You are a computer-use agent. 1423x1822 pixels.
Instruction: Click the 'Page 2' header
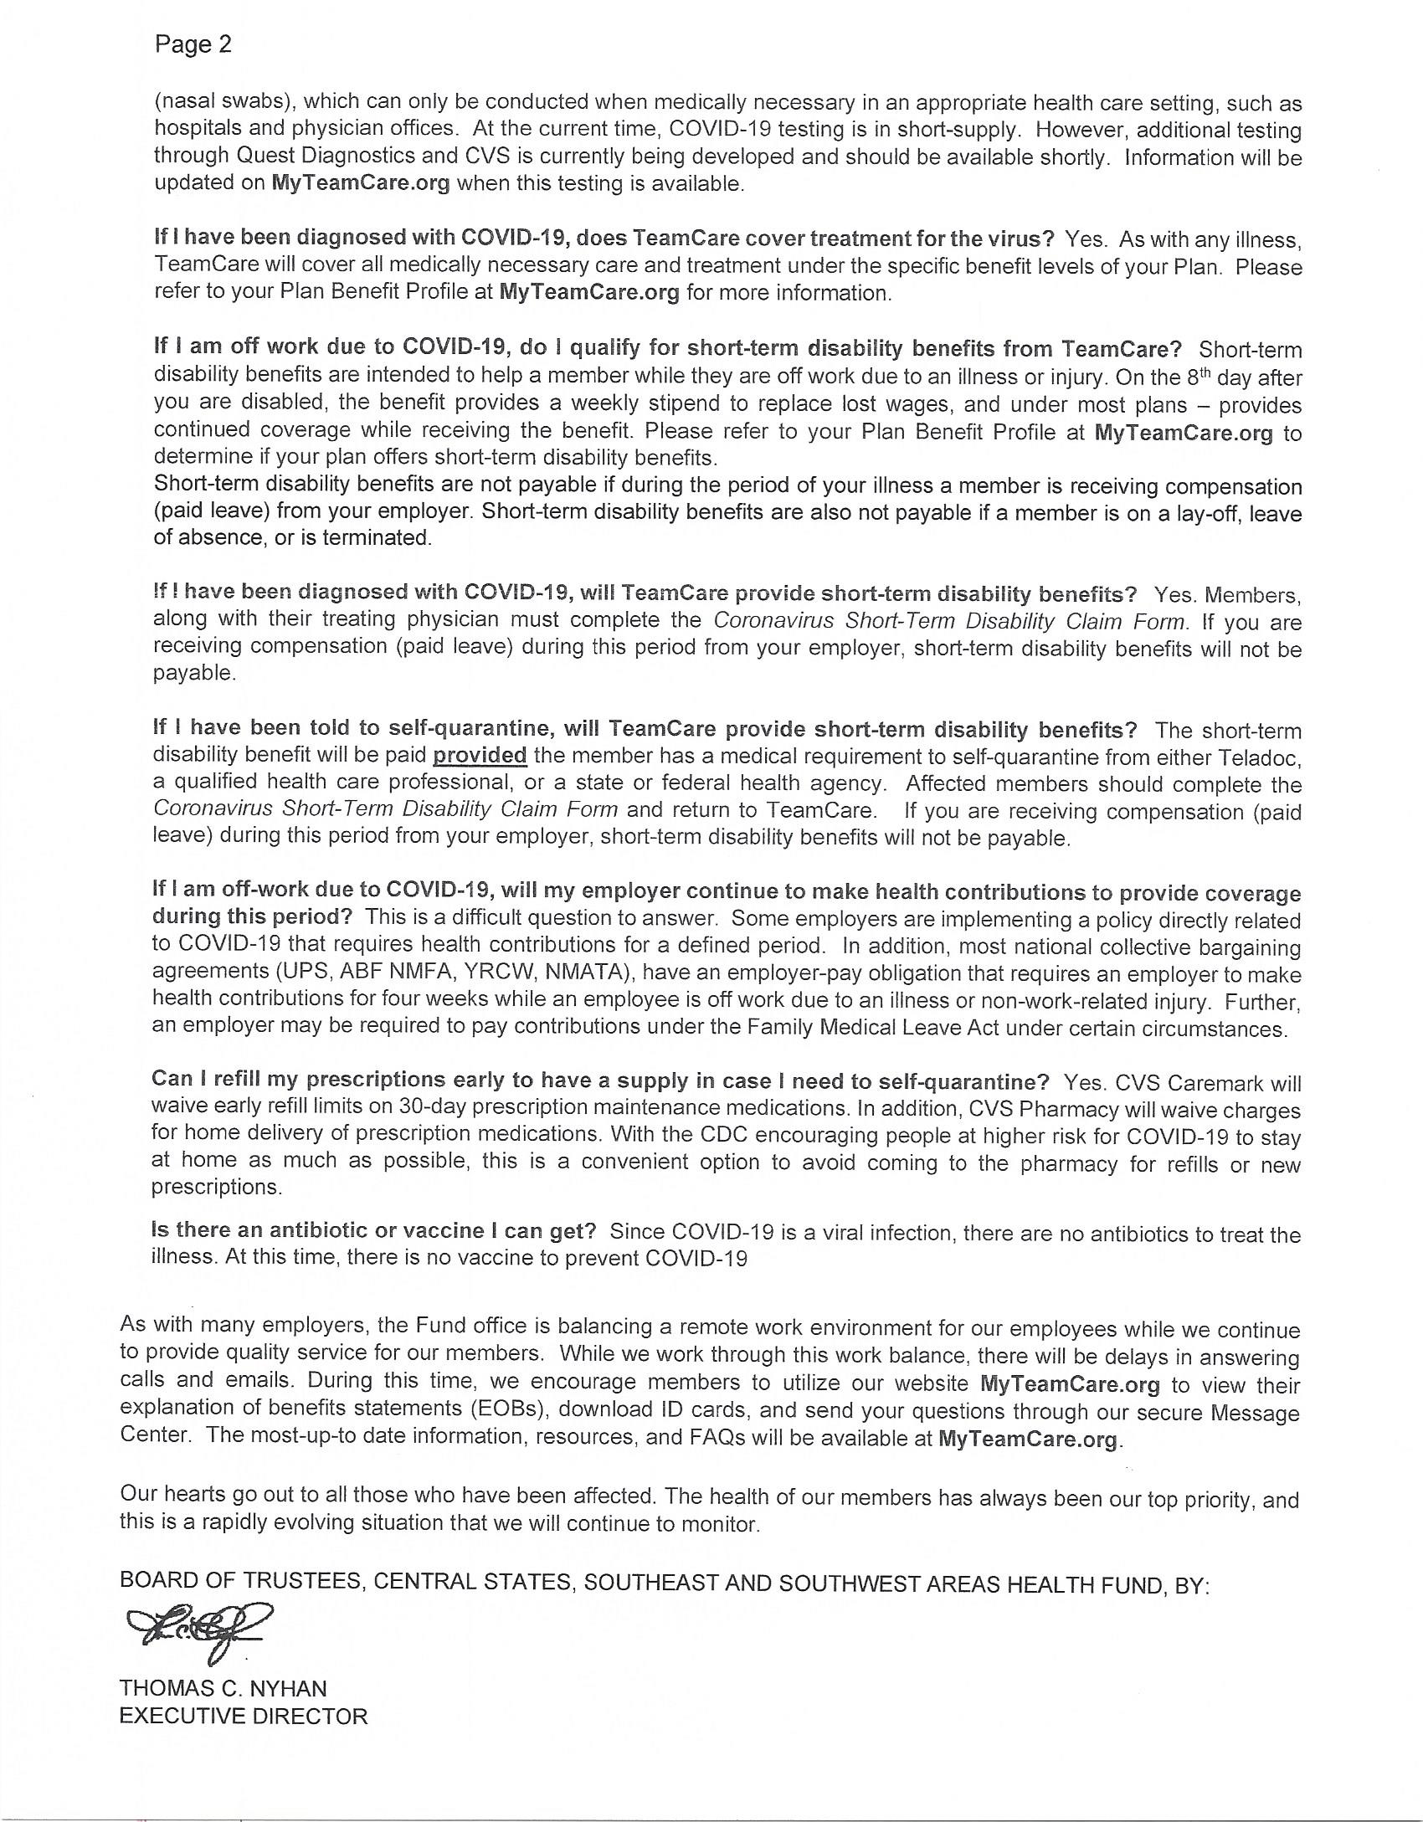193,44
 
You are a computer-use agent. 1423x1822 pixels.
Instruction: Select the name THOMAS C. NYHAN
223,1688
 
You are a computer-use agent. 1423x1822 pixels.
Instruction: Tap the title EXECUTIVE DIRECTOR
243,1716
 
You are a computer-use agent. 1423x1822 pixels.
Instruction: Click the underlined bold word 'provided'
480,756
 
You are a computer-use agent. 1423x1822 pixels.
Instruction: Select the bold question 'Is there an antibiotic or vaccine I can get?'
373,1230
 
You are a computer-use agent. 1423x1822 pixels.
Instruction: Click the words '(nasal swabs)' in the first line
223,101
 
